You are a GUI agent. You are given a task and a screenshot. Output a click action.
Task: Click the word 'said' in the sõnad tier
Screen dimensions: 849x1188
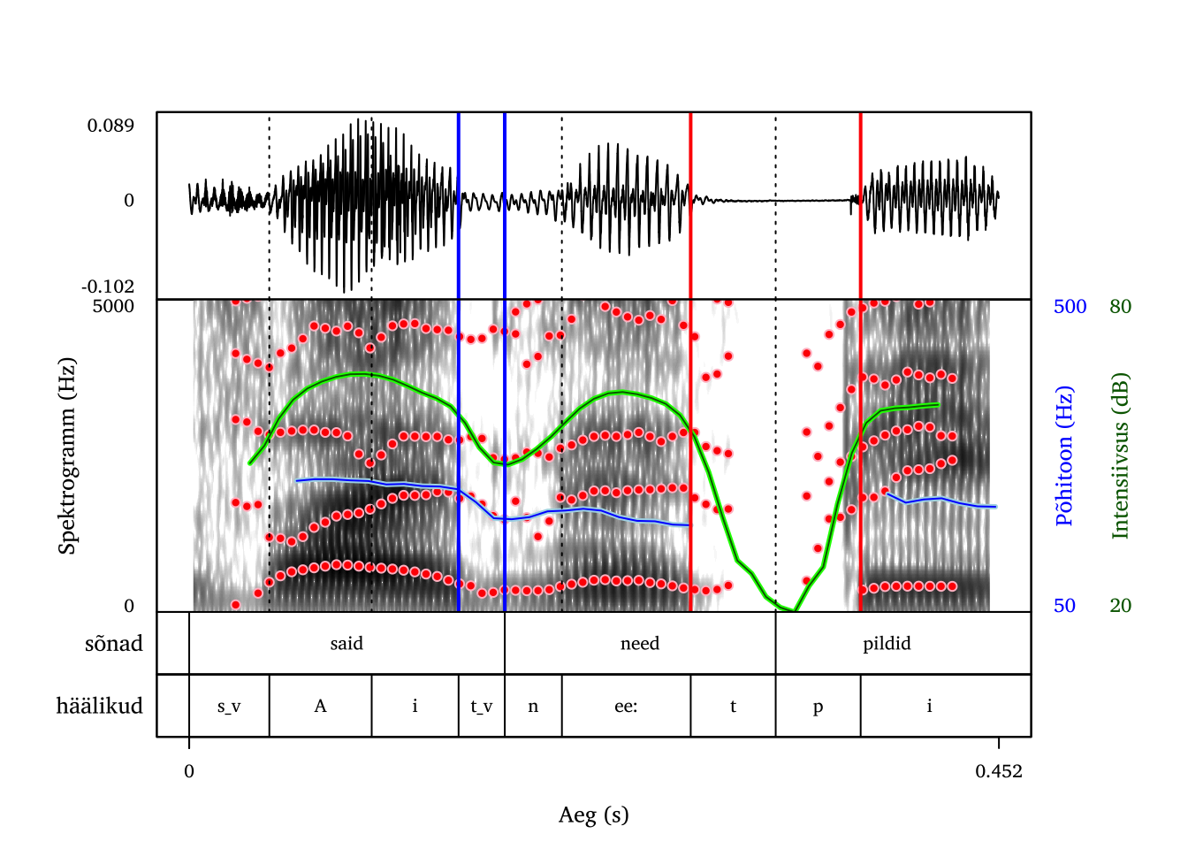(346, 644)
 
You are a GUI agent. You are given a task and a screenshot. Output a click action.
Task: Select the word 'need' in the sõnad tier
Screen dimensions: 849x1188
(640, 644)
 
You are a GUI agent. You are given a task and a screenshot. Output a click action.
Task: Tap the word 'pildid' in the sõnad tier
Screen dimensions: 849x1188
(887, 644)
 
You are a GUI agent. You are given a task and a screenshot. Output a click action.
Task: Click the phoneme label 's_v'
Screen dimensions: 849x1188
(229, 707)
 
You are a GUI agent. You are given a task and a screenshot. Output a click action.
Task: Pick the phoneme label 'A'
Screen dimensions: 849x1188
(320, 707)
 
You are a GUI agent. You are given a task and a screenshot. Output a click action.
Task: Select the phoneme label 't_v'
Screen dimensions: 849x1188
(481, 707)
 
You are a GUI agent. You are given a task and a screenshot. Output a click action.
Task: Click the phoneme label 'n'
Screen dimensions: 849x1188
(533, 707)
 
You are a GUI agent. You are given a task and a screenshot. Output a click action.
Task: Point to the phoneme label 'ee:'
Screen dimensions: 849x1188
(626, 707)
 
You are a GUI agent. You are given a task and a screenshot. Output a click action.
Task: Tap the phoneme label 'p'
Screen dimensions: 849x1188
(818, 707)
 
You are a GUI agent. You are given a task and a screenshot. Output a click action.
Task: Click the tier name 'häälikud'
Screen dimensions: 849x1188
(99, 706)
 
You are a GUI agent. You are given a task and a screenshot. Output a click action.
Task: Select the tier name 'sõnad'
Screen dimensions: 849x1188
(113, 644)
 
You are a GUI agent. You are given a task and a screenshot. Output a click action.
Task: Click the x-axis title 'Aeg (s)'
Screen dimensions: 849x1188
(593, 815)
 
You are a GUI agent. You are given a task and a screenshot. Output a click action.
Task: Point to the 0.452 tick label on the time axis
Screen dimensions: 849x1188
(999, 771)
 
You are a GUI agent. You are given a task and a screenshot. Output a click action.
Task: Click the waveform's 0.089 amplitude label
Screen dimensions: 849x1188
(110, 126)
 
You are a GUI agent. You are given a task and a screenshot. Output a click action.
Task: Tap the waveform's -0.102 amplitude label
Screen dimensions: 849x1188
(108, 287)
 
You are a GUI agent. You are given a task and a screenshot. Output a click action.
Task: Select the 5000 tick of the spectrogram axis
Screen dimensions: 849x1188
(113, 307)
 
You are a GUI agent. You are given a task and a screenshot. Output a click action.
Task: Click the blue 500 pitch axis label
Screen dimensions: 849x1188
(1070, 307)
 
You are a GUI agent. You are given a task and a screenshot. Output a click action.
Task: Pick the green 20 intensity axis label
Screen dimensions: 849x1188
(1120, 606)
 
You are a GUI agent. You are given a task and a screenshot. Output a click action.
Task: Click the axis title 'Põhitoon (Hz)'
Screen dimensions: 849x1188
(1065, 455)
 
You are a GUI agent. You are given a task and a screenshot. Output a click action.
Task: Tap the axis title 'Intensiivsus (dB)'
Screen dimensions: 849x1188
(1121, 455)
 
